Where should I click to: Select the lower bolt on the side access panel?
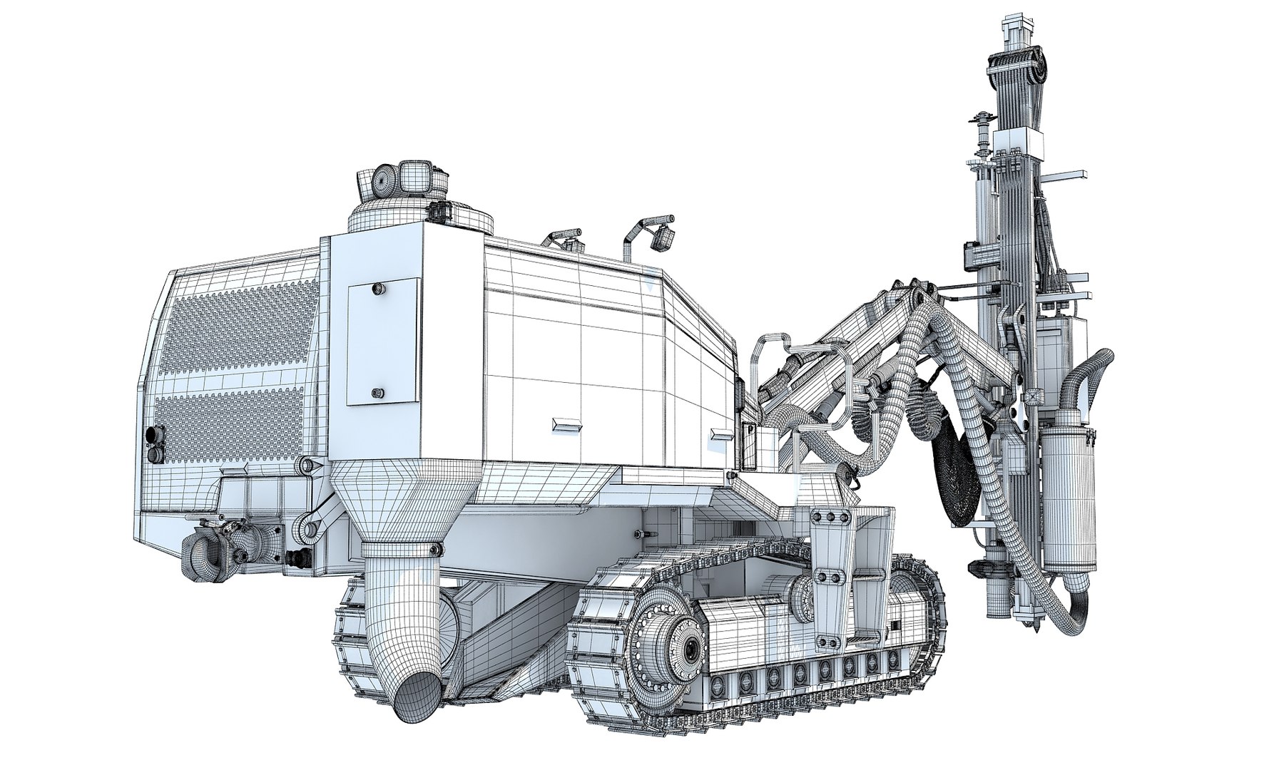377,392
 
